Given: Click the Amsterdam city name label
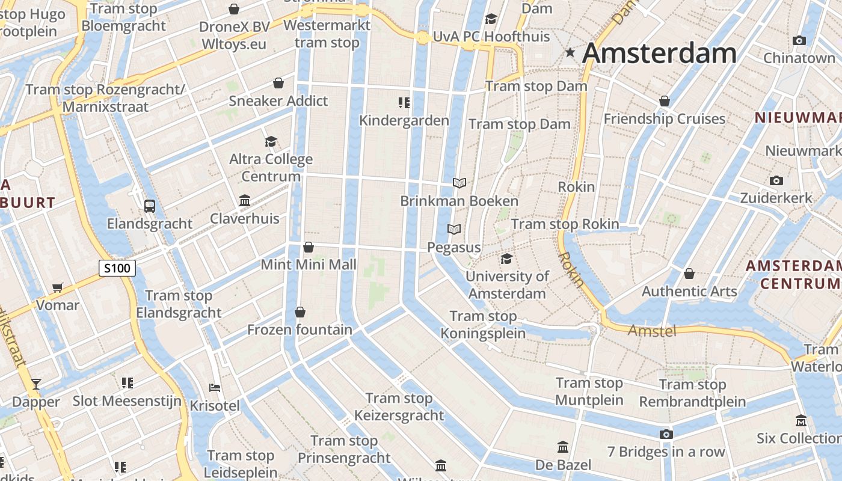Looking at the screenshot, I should pos(659,53).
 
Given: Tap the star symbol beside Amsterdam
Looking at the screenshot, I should pos(570,54).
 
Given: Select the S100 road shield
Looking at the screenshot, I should pos(117,268).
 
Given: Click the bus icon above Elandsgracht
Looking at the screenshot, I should pos(150,206).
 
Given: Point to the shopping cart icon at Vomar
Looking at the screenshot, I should pos(57,287).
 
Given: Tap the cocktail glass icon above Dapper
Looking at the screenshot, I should pos(36,384).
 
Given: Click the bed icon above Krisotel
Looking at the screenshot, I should pos(215,388).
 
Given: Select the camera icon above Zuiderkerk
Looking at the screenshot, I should pos(776,180).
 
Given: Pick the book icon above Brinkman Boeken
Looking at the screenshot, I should pos(459,183).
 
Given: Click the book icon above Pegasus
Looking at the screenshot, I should pos(454,229).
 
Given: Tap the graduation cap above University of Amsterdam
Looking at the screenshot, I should pos(507,259).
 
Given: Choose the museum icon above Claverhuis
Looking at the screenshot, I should pos(245,200).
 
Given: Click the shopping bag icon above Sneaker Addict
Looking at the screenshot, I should pos(278,83).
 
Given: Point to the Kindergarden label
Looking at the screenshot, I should pos(404,120).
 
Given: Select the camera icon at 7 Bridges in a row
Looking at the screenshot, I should pos(666,434).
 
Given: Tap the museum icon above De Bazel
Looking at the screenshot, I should pos(563,447).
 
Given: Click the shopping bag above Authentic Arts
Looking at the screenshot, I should pos(689,274).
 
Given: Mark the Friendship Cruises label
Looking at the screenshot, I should pos(665,118).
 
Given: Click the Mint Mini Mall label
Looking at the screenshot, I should pos(309,265).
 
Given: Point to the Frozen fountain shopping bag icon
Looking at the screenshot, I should pos(300,312).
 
